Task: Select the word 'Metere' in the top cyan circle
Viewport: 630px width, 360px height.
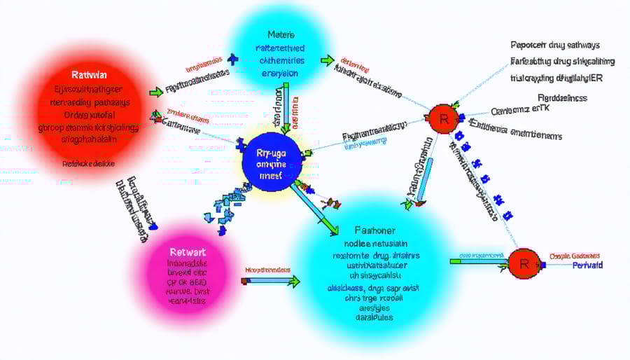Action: point(283,34)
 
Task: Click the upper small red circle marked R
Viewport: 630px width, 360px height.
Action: point(442,118)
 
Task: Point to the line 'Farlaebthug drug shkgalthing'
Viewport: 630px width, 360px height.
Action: point(562,62)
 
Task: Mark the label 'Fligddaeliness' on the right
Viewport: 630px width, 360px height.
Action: point(562,98)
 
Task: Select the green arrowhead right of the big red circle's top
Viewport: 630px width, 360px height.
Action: point(155,92)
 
